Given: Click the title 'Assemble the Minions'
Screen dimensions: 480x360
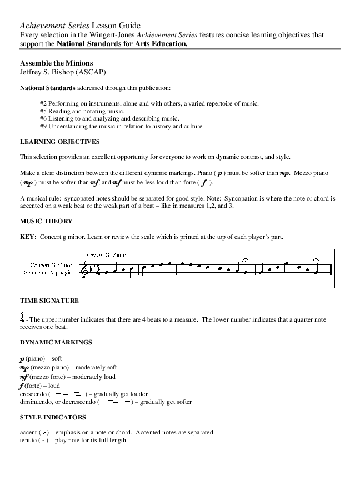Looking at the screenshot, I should (56, 63).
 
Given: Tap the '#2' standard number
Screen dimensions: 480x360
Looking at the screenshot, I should (43, 104).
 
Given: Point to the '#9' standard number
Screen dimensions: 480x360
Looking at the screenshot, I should (43, 126).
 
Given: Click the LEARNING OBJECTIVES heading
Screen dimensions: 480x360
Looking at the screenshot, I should (59, 142).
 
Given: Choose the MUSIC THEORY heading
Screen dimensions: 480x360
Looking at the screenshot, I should (46, 221).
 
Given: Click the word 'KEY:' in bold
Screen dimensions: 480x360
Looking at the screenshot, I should (28, 237).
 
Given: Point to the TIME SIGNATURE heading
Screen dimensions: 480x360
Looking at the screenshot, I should (49, 301).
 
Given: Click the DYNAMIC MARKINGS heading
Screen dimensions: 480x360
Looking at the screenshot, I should (56, 342).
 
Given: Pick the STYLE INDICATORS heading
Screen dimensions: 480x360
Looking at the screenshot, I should (52, 417).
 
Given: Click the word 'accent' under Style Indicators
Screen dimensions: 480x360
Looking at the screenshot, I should (28, 432).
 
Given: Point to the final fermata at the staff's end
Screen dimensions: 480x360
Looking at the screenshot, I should (316, 260).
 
